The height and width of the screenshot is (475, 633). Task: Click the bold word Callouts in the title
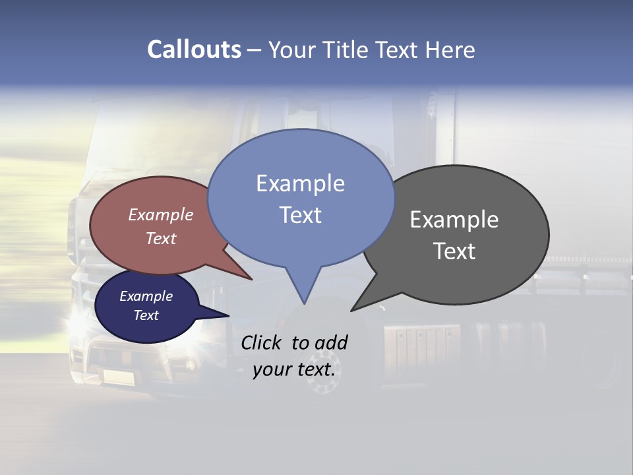194,49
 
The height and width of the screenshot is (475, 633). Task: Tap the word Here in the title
450,50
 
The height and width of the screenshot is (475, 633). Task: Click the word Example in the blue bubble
301,183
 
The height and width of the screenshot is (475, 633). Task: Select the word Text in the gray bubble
454,251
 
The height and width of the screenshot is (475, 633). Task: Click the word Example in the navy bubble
146,296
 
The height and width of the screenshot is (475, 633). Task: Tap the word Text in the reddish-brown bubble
161,238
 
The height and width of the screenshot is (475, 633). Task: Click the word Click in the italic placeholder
261,342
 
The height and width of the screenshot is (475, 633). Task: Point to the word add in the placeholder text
330,342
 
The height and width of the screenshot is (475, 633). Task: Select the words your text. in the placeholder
294,369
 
